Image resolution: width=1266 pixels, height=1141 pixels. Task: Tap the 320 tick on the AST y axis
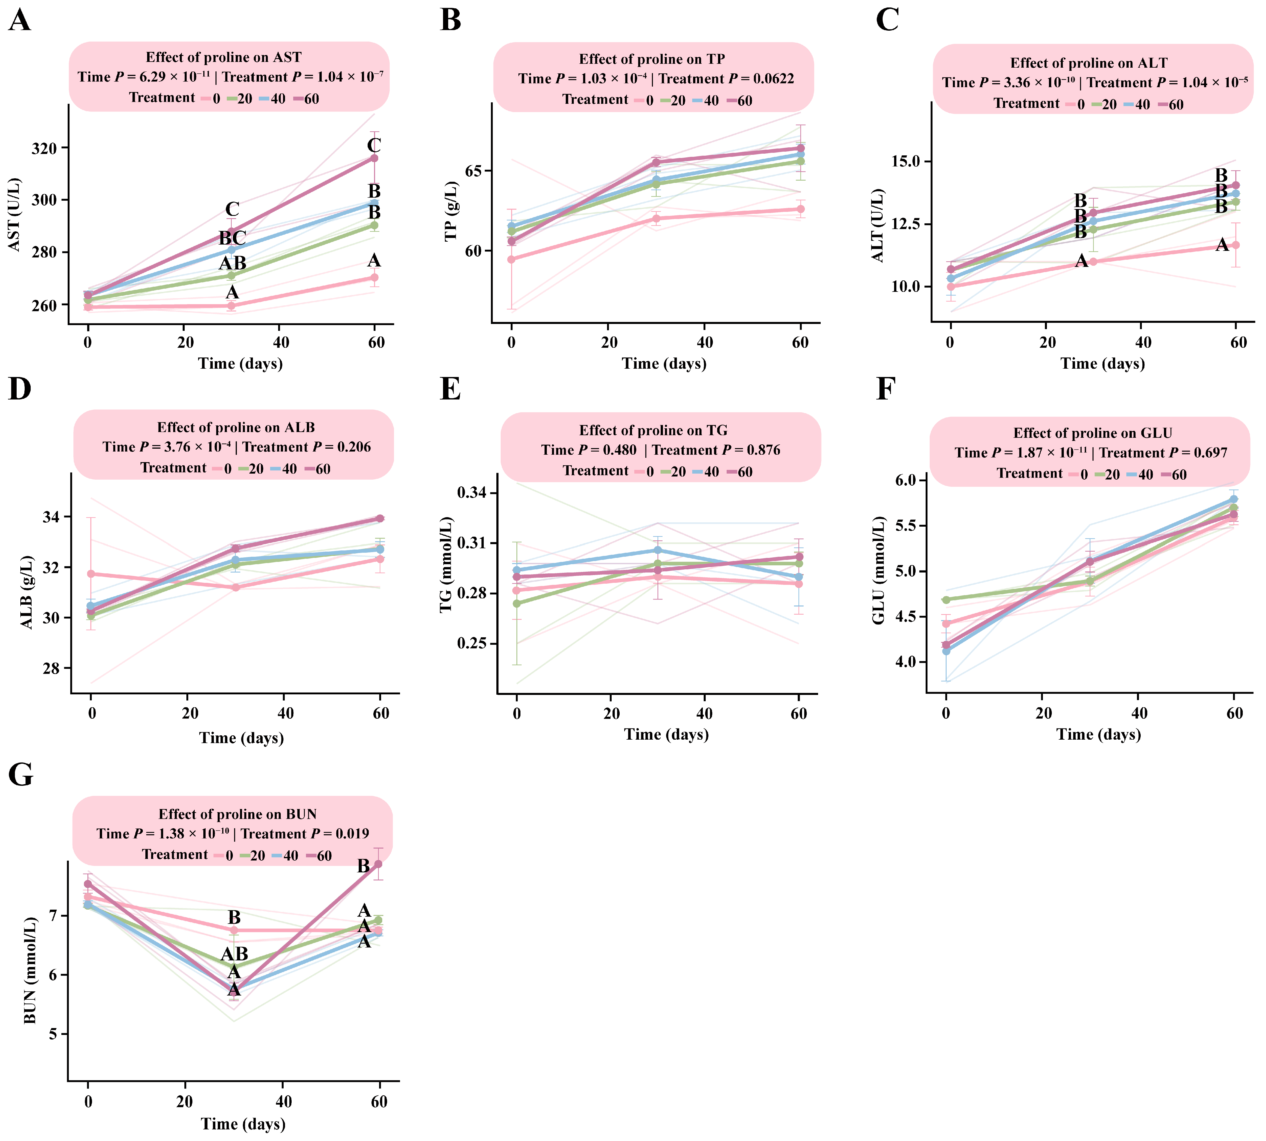pyautogui.click(x=44, y=149)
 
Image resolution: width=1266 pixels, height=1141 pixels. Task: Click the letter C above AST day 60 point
pyautogui.click(x=374, y=145)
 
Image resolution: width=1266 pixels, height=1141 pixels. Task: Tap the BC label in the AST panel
pyautogui.click(x=232, y=238)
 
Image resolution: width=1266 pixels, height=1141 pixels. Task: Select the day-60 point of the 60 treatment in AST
pyautogui.click(x=374, y=158)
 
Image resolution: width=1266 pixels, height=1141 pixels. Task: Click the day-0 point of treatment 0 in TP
pyautogui.click(x=512, y=259)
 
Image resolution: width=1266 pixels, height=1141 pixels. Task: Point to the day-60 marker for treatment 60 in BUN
pyautogui.click(x=378, y=864)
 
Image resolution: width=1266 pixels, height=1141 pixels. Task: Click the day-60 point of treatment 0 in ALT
pyautogui.click(x=1236, y=245)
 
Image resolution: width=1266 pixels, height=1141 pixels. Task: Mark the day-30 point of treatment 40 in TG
pyautogui.click(x=658, y=550)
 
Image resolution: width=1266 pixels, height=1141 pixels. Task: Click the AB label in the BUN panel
pyautogui.click(x=234, y=954)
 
